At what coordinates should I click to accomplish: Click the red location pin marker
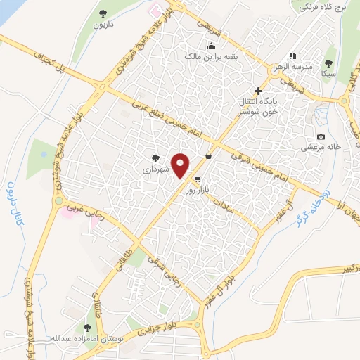181,165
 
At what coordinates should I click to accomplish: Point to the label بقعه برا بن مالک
210,56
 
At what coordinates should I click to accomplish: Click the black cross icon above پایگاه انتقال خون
258,91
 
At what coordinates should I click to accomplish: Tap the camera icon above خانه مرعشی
321,136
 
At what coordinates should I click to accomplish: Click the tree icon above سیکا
326,62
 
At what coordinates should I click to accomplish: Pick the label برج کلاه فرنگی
323,7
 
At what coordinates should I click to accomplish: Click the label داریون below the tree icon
103,25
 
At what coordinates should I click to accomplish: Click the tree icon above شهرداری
155,158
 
